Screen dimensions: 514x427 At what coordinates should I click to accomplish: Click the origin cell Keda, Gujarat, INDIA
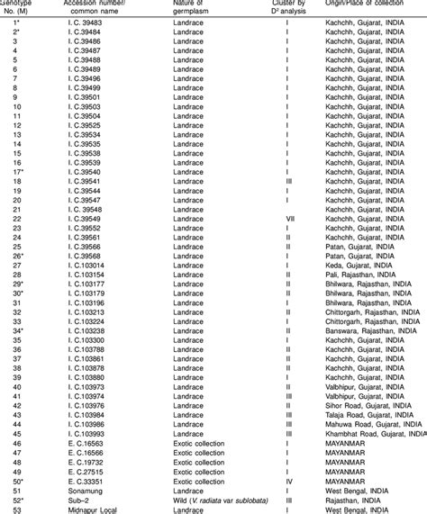click(357, 266)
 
